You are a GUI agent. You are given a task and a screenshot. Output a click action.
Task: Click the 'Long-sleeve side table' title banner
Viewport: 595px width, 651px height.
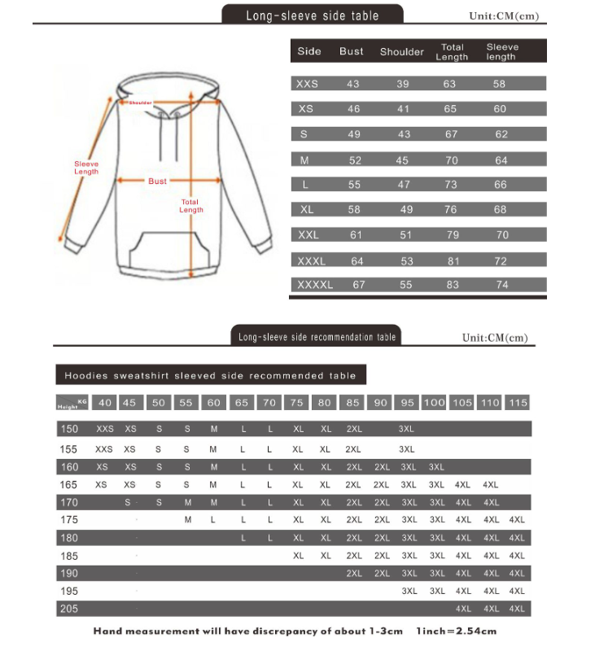313,15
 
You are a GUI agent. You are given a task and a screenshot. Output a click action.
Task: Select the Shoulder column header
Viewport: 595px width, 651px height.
401,52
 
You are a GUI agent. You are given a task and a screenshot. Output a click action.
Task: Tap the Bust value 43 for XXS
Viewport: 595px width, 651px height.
352,84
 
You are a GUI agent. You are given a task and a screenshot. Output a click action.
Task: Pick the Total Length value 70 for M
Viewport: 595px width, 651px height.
451,160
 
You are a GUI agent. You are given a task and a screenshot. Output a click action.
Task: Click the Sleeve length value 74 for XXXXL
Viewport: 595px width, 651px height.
501,285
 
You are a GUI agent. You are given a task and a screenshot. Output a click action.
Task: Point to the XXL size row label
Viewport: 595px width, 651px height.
308,234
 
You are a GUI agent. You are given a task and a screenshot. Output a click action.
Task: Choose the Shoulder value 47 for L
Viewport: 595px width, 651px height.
404,185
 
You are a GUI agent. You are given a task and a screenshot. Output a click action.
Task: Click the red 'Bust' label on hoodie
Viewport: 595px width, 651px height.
157,181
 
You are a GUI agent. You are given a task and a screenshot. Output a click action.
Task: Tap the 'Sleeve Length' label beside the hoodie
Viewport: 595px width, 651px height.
86,168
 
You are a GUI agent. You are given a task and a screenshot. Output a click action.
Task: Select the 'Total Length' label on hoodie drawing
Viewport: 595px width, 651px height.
190,206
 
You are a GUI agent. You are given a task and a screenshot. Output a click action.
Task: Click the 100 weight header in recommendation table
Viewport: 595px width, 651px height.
434,403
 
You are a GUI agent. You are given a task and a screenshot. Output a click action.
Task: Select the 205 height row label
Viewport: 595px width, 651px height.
69,609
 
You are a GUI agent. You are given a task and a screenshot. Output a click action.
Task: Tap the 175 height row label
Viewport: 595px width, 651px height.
69,519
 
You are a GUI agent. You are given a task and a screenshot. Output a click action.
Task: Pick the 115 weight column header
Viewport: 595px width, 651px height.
517,403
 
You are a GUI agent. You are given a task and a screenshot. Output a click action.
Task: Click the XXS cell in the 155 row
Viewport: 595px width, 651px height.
104,449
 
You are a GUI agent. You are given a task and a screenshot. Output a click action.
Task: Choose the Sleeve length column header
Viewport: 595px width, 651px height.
501,51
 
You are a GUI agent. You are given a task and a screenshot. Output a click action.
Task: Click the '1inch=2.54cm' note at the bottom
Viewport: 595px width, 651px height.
456,631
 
